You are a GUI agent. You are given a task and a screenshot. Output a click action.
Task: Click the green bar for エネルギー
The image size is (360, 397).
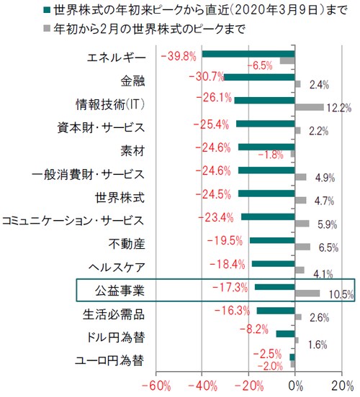click(x=248, y=54)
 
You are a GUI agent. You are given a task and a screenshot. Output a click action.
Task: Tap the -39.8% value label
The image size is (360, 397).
click(x=180, y=55)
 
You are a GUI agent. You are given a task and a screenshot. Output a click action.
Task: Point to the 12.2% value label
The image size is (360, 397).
click(x=338, y=109)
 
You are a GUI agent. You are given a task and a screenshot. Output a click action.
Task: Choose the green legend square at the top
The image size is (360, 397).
click(x=48, y=10)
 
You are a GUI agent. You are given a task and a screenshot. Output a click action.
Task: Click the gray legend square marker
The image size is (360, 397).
click(x=48, y=29)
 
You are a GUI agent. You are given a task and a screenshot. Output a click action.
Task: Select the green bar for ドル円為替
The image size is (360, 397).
click(x=285, y=333)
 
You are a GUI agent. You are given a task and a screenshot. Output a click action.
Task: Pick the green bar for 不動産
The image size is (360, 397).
click(x=272, y=240)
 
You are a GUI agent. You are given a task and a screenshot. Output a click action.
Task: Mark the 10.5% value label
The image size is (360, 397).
click(x=338, y=295)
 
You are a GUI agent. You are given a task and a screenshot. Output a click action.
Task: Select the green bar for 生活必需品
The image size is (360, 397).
click(x=276, y=310)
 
